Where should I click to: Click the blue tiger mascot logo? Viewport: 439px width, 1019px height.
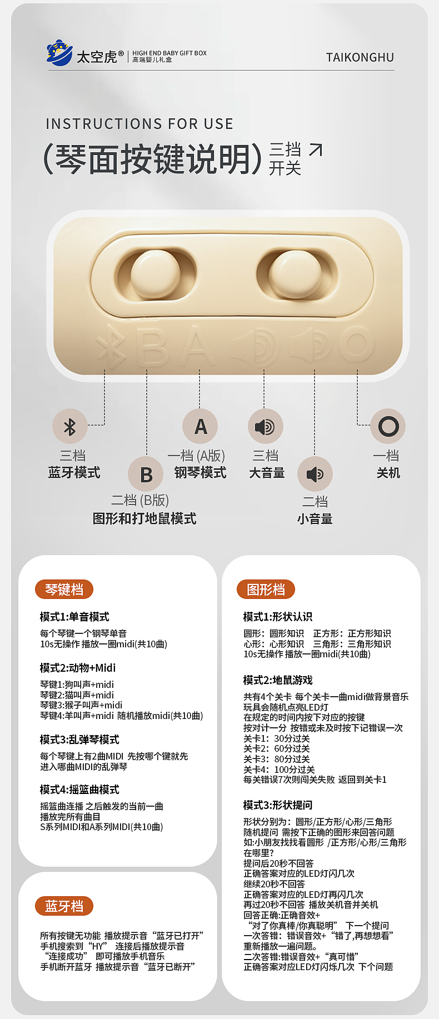[59, 53]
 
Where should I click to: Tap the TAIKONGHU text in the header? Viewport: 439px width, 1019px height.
[360, 58]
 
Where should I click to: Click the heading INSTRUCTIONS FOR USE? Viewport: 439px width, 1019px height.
[139, 124]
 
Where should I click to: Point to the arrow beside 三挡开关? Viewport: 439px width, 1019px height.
[315, 150]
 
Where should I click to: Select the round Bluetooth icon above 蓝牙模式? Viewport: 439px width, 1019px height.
[69, 427]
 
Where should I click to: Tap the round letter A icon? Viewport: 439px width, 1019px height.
[200, 426]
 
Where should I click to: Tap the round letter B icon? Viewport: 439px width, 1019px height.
[146, 474]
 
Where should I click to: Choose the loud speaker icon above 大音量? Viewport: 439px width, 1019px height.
[265, 427]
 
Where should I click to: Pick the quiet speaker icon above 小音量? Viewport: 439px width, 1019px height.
[315, 474]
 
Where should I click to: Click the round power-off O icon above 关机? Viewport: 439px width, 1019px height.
[388, 426]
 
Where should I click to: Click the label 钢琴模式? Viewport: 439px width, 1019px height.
[200, 473]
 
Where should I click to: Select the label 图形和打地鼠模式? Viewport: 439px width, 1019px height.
[144, 519]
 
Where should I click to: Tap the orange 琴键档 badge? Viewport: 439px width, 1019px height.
[64, 590]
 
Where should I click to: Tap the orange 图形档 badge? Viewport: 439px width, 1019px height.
[266, 590]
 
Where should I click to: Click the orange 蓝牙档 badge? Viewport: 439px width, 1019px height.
[64, 906]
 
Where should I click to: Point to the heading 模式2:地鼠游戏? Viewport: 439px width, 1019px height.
[278, 680]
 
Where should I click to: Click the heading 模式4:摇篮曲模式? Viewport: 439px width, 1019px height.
[79, 790]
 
